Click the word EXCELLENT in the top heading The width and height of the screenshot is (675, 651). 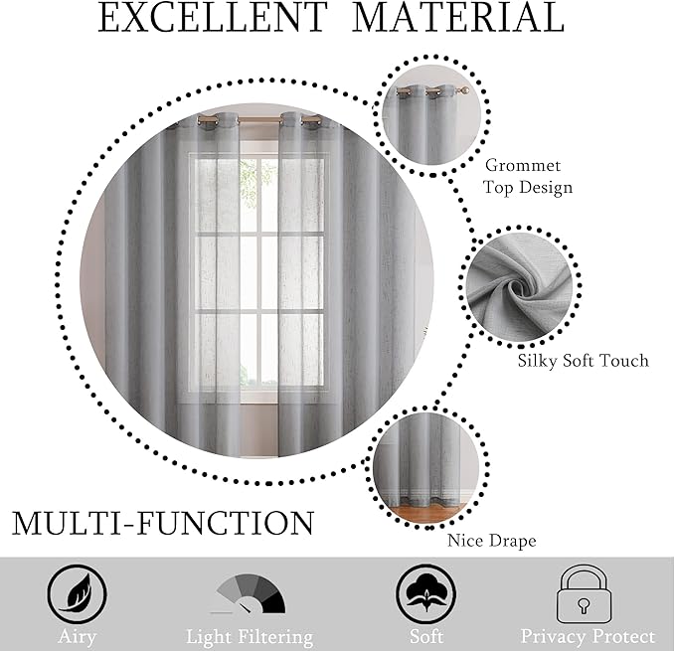coord(213,18)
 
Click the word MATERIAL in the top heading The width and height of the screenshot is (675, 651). coord(458,18)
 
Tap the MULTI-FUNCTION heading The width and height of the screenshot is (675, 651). coord(163,523)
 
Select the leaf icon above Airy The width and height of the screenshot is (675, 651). coord(77,595)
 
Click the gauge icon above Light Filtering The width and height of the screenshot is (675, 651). coord(250,593)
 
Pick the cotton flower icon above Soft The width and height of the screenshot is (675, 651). coord(425,594)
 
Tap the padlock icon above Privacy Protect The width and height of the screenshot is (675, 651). coord(585,594)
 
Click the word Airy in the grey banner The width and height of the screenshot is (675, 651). coord(78,637)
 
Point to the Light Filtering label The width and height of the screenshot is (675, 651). coord(250,637)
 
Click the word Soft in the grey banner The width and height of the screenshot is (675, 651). coord(426,636)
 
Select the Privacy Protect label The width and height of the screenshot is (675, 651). coord(588,636)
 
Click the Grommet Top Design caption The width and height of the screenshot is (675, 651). coord(528,176)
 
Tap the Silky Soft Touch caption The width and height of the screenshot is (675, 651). coord(584,361)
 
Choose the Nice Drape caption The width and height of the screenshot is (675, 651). coord(492,541)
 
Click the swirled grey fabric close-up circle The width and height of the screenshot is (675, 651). coord(520,285)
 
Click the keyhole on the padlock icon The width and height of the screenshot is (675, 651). coord(584,604)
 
